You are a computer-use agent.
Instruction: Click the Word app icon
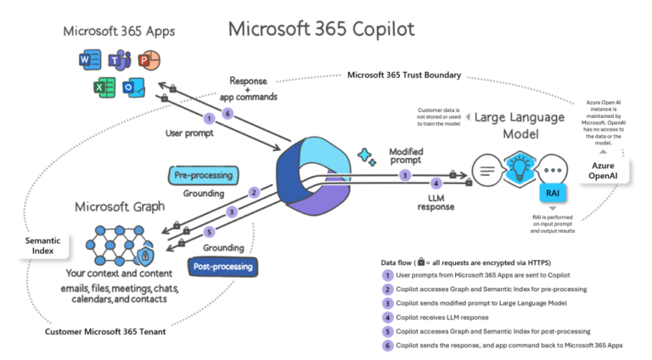click(87, 59)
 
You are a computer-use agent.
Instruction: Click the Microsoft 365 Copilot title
click(321, 29)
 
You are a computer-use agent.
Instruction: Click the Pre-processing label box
click(203, 175)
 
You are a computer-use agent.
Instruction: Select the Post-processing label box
click(220, 266)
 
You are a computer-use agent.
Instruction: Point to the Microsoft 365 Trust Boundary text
click(404, 75)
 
